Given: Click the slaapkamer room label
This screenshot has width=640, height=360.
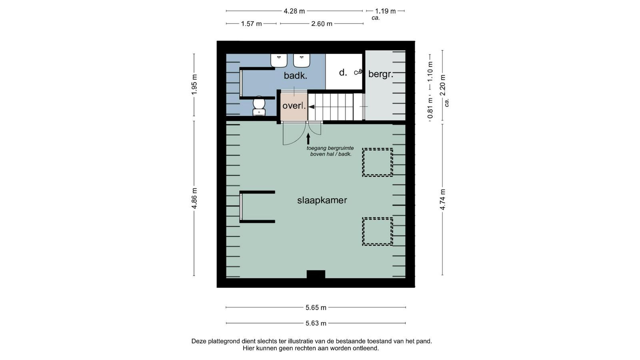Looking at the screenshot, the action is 322,200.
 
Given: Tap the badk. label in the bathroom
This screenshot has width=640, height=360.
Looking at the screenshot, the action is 296,76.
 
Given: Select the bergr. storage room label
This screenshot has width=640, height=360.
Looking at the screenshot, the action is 380,74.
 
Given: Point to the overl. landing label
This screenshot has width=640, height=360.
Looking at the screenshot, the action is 294,106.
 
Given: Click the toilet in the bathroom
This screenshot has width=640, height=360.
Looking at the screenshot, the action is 259,106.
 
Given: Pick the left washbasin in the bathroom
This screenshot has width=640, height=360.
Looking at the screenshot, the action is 279,60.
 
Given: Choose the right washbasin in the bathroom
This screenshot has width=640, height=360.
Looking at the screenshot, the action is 302,60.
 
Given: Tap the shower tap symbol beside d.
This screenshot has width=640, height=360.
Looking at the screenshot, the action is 358,72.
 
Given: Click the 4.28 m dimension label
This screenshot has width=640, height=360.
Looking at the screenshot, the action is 294,11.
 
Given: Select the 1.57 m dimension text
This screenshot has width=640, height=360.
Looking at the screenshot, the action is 252,24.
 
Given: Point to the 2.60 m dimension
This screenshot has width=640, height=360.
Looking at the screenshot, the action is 322,24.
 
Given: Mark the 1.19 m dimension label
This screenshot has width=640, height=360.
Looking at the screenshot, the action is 386,11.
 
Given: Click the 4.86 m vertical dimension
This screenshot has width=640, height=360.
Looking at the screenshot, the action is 194,198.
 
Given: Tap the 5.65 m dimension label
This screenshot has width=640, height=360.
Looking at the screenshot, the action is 316,308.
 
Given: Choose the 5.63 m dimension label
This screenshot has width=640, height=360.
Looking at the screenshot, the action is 316,323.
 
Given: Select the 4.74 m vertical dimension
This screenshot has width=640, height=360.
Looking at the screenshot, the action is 442,200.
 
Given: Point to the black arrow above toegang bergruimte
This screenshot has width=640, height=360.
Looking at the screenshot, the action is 308,139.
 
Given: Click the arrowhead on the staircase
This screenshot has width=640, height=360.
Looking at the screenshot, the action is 312,107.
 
